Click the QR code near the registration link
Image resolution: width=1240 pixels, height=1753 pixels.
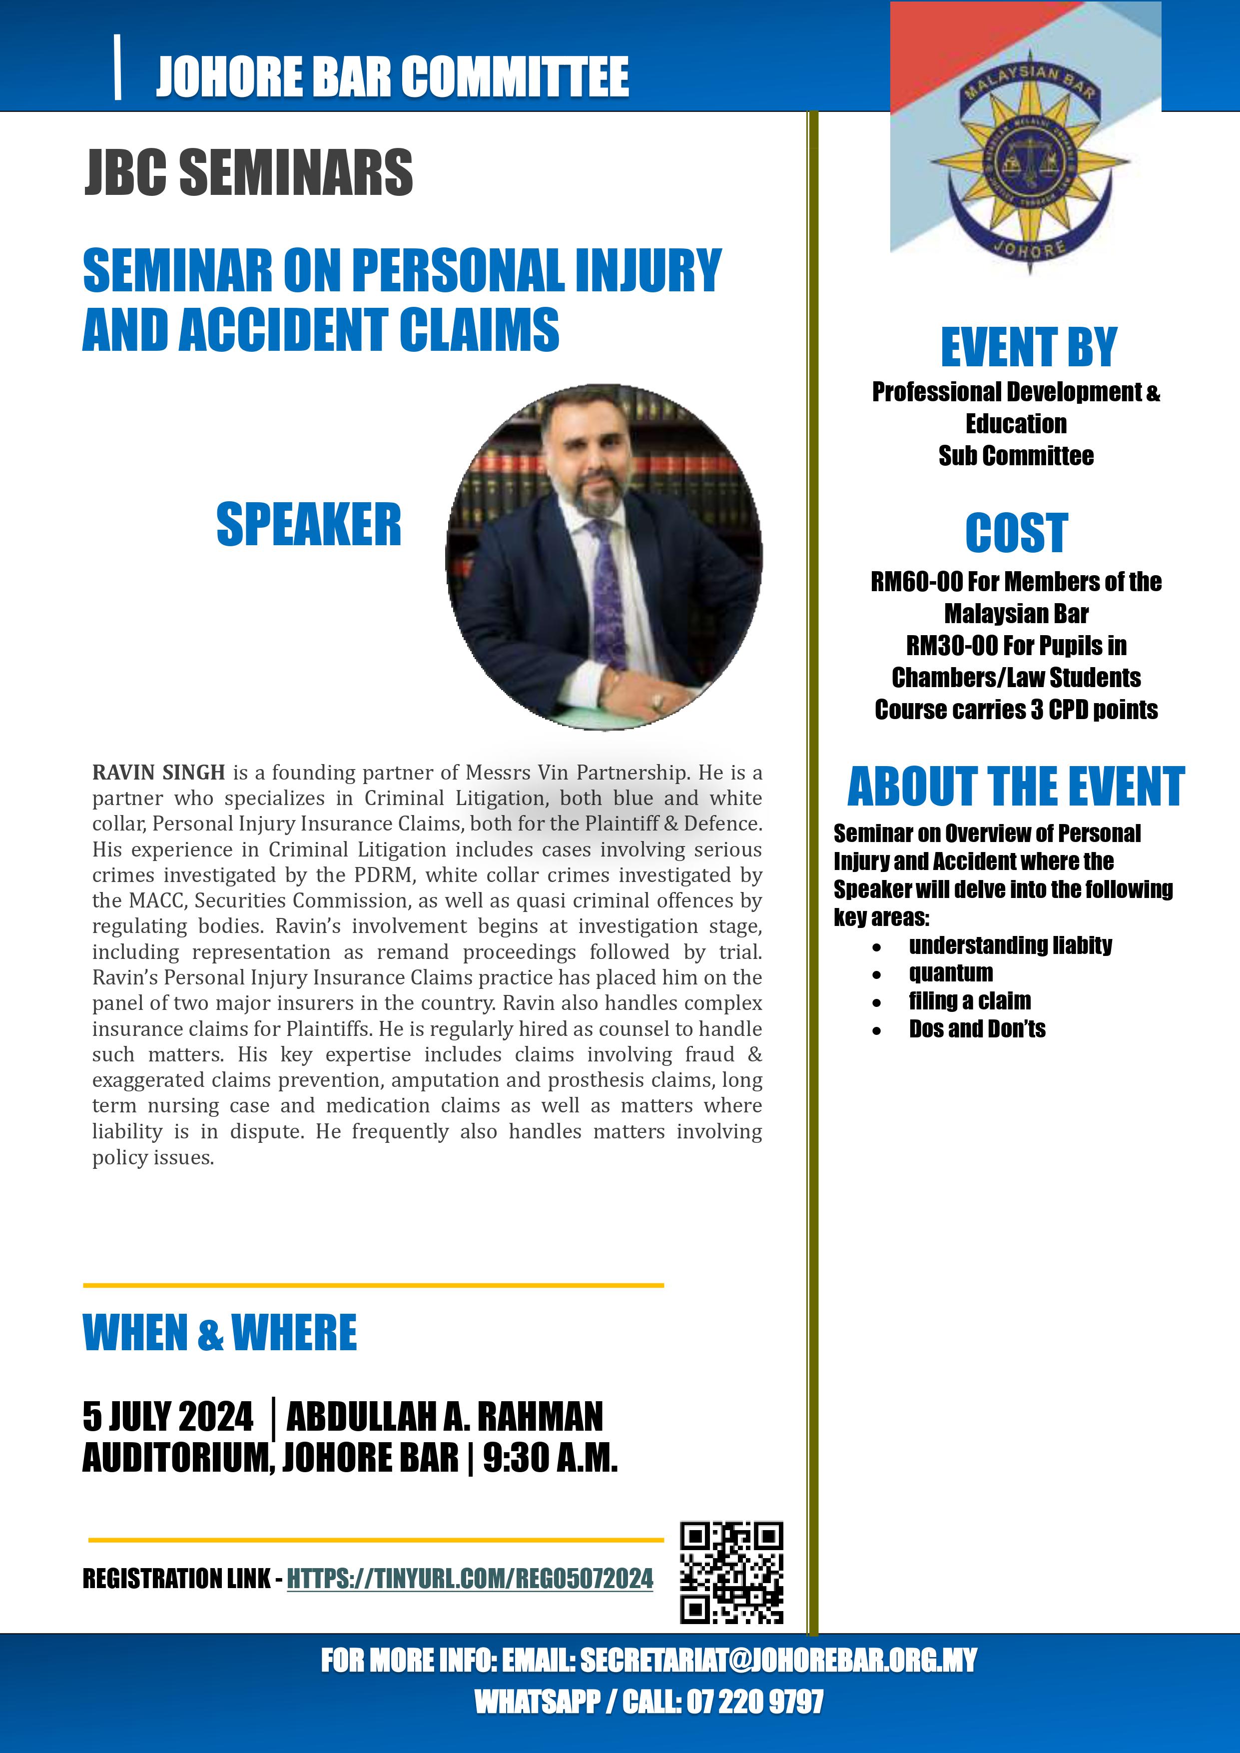click(x=731, y=1572)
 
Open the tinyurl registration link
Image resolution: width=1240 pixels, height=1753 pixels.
click(x=470, y=1578)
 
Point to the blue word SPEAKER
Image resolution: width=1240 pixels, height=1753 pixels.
click(x=308, y=525)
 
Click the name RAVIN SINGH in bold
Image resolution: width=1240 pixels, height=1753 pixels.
click(x=158, y=773)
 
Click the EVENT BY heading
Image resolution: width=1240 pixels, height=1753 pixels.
click(x=1029, y=347)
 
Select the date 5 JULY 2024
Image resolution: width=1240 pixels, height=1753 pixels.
click(x=168, y=1416)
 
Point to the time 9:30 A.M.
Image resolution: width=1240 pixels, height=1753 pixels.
click(x=550, y=1458)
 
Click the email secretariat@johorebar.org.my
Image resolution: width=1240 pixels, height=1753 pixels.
click(x=778, y=1660)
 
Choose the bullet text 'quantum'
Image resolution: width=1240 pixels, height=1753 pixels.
click(x=951, y=973)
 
